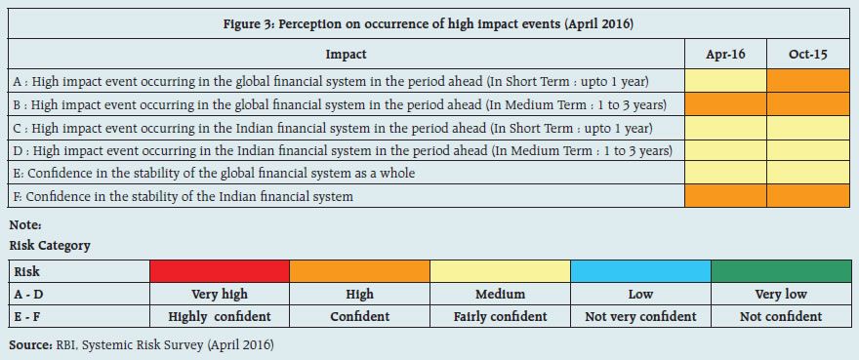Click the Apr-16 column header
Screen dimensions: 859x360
pyautogui.click(x=726, y=55)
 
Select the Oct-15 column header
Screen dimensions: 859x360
pyautogui.click(x=808, y=55)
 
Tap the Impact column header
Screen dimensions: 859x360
pyautogui.click(x=347, y=55)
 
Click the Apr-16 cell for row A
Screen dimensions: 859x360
pyautogui.click(x=726, y=81)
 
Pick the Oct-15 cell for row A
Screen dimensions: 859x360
pyautogui.click(x=808, y=81)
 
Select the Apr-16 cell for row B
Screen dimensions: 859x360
pyautogui.click(x=726, y=104)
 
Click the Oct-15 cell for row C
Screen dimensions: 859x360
pyautogui.click(x=808, y=128)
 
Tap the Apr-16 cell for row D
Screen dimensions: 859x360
pyautogui.click(x=726, y=150)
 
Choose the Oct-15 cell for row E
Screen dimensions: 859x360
pyautogui.click(x=808, y=173)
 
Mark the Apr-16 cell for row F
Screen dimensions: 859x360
pyautogui.click(x=726, y=196)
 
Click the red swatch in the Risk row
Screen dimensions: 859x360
pyautogui.click(x=220, y=271)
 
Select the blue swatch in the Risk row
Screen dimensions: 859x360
pyautogui.click(x=641, y=271)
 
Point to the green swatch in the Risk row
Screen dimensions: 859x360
pyautogui.click(x=781, y=271)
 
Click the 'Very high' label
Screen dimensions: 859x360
pyautogui.click(x=220, y=295)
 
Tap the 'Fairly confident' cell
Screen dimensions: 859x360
pyautogui.click(x=500, y=316)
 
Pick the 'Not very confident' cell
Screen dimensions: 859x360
pyautogui.click(x=641, y=316)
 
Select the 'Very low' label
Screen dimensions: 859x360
pyautogui.click(x=781, y=295)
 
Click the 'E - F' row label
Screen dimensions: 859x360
pyautogui.click(x=28, y=316)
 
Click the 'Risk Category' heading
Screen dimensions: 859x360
pyautogui.click(x=50, y=246)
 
